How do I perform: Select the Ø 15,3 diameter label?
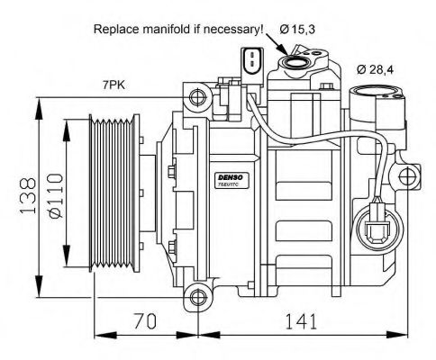click(x=297, y=29)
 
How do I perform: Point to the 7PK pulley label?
click(x=113, y=85)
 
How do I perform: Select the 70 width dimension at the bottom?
click(x=147, y=319)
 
